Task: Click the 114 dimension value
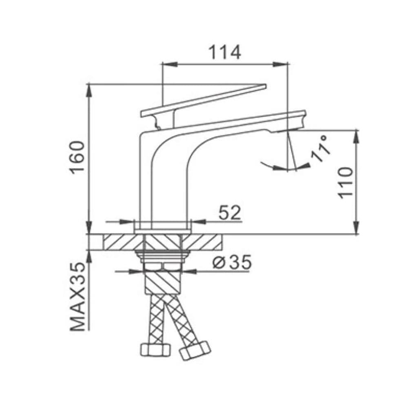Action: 225,53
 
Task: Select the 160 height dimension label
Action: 77,157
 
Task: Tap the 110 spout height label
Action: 346,183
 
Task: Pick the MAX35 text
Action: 78,297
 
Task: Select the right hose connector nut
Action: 195,350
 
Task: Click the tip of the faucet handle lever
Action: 266,86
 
